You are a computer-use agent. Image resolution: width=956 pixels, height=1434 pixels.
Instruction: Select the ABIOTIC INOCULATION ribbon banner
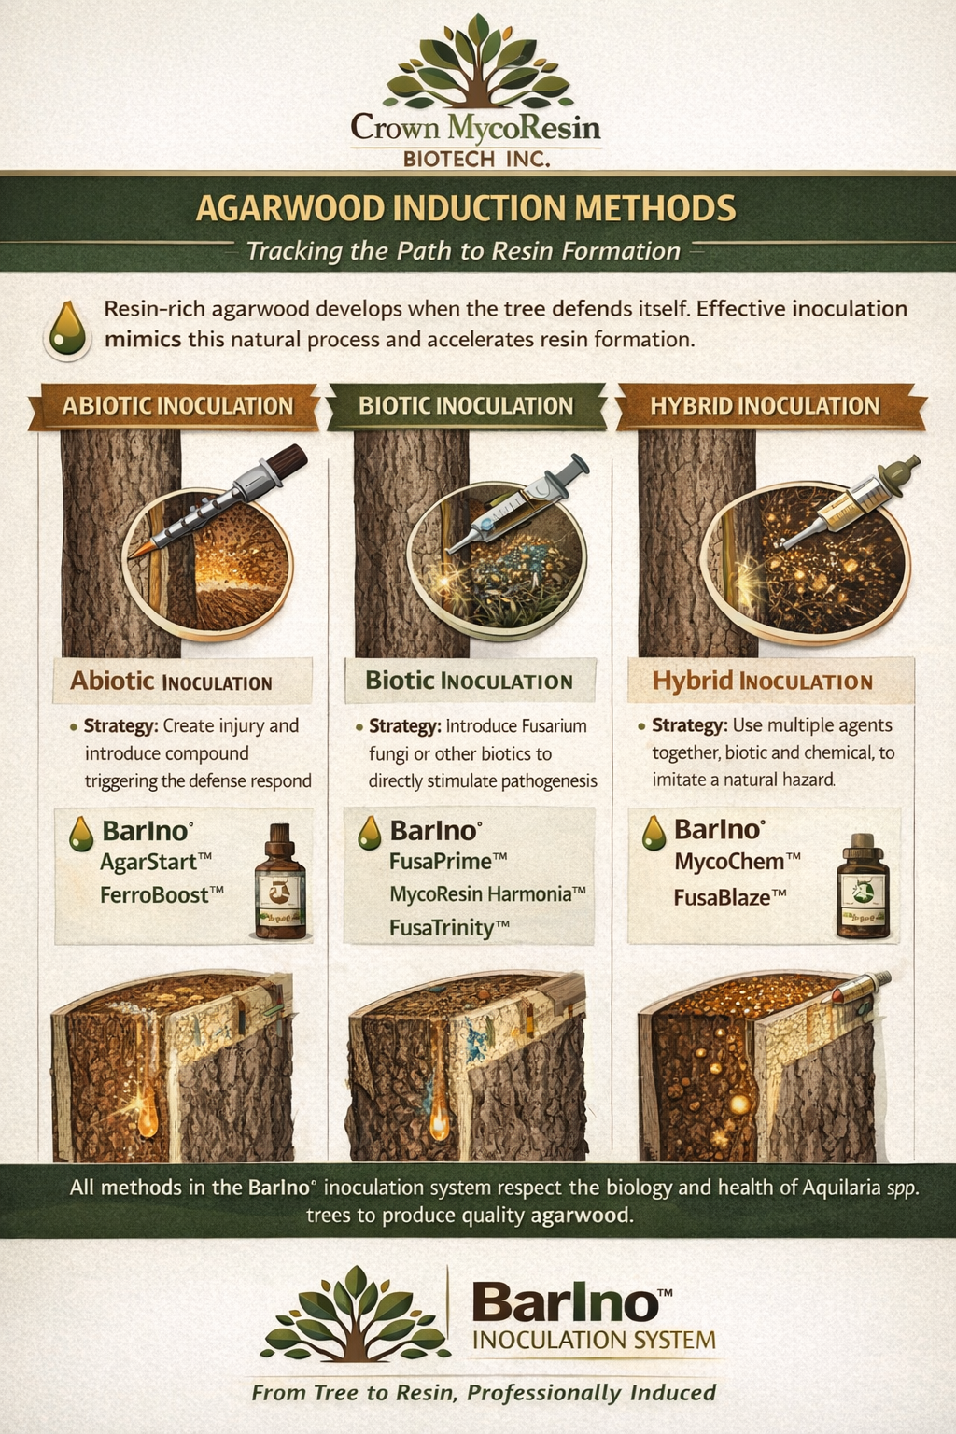coord(175,406)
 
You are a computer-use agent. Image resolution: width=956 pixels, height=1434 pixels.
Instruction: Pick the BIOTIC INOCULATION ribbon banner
coord(466,406)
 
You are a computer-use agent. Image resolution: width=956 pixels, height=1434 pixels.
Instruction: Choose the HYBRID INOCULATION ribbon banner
coord(766,406)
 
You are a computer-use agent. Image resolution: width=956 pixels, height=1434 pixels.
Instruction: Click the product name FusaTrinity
coord(449,928)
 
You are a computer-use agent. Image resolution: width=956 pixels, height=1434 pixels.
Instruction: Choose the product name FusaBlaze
coord(730,897)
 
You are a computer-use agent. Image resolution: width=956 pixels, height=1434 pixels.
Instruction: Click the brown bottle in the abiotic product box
coord(280,881)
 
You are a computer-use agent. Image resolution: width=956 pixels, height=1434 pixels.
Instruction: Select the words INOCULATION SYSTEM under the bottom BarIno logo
coord(594,1340)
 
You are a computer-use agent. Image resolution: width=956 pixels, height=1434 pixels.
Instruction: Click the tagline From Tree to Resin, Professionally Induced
coord(484,1392)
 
